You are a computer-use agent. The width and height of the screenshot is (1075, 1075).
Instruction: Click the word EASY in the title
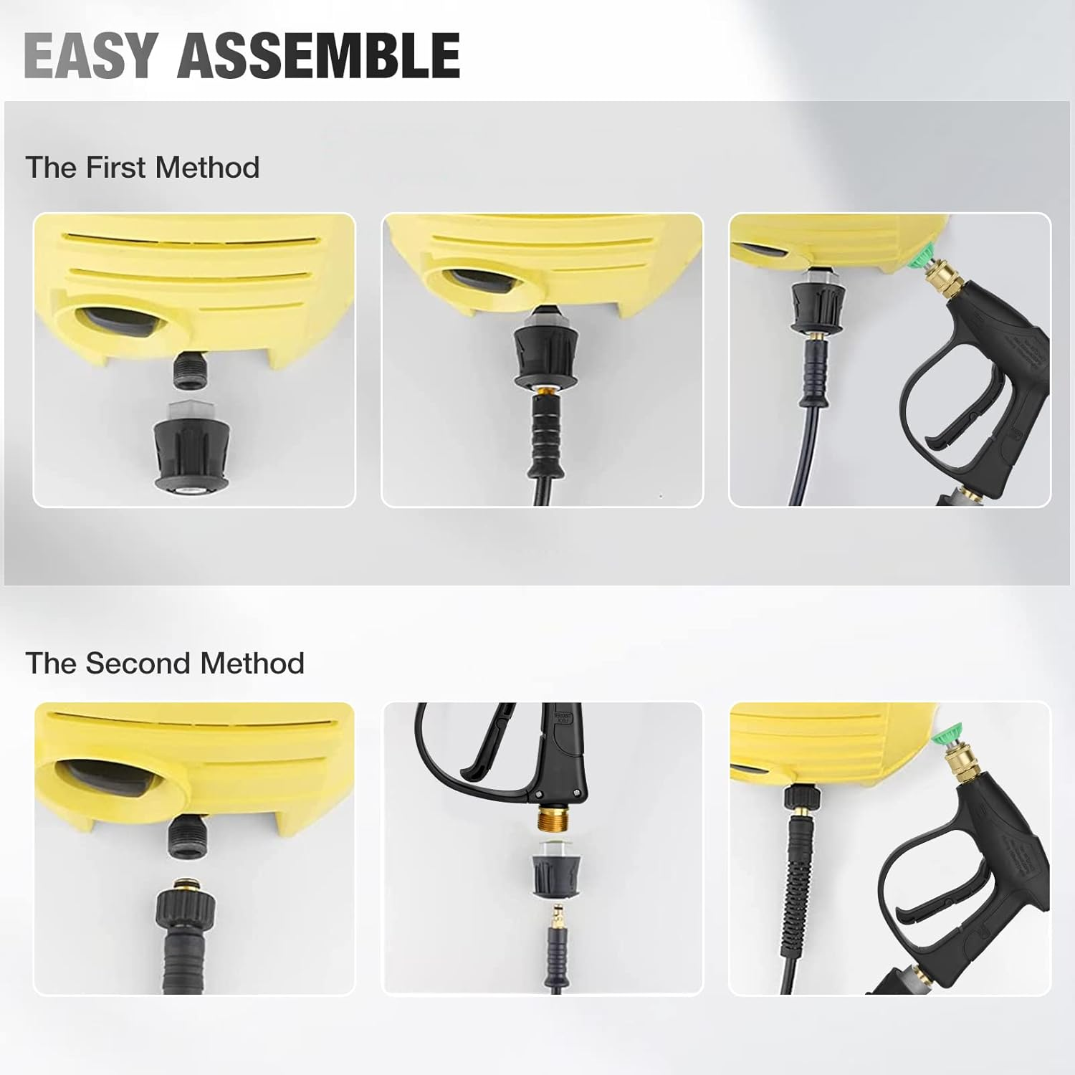(x=90, y=55)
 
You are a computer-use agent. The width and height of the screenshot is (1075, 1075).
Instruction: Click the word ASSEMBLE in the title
(x=319, y=55)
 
